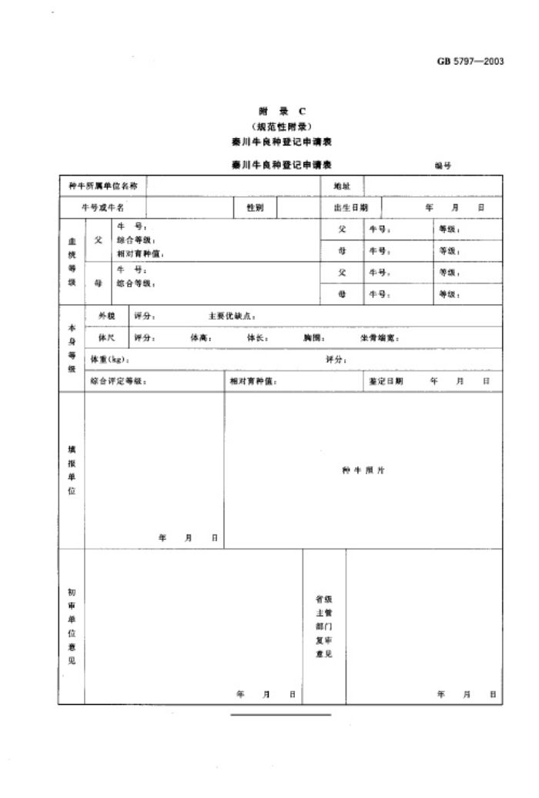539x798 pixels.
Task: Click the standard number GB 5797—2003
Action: point(470,62)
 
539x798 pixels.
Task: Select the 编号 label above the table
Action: point(443,165)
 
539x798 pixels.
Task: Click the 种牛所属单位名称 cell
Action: point(104,186)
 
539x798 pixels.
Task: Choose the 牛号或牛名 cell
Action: point(104,208)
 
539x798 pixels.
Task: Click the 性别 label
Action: point(256,208)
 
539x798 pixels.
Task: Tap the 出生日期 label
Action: point(350,208)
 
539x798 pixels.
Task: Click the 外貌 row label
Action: point(105,315)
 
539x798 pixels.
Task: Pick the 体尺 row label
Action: point(105,337)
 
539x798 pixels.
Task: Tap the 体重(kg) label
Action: point(109,360)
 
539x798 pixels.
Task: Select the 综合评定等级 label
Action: point(118,381)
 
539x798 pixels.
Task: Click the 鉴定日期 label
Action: point(386,381)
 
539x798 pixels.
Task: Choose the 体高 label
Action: point(201,337)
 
